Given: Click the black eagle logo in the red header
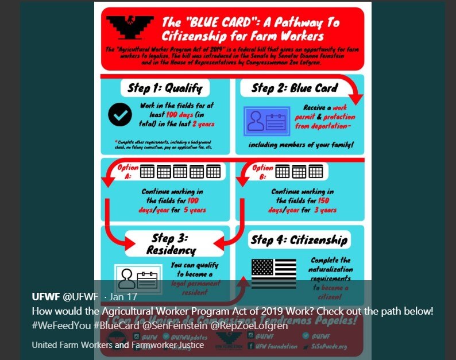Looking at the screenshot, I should point(129,26).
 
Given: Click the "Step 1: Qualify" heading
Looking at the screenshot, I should point(165,88).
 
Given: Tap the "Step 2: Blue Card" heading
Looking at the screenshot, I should point(295,88).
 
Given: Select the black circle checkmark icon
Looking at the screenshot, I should point(120,115).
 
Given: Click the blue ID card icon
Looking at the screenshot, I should point(265,121).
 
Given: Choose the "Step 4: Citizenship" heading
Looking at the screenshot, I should point(299,239).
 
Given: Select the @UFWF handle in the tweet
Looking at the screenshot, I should point(80,297).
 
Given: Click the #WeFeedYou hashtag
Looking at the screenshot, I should point(61,326).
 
